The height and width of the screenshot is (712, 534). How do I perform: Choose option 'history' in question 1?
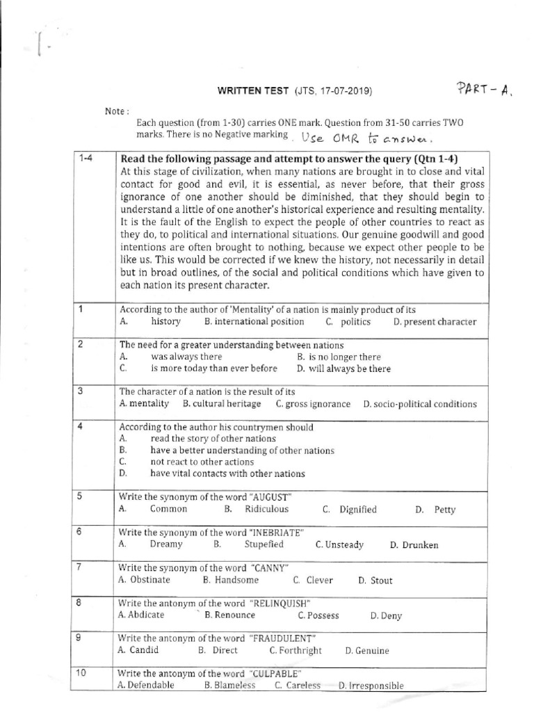(165, 321)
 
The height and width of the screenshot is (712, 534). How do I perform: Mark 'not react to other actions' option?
(202, 462)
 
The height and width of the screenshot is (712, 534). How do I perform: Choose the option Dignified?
(358, 509)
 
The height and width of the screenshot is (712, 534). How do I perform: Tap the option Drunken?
(419, 545)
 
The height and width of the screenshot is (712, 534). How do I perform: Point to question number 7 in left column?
(81, 567)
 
